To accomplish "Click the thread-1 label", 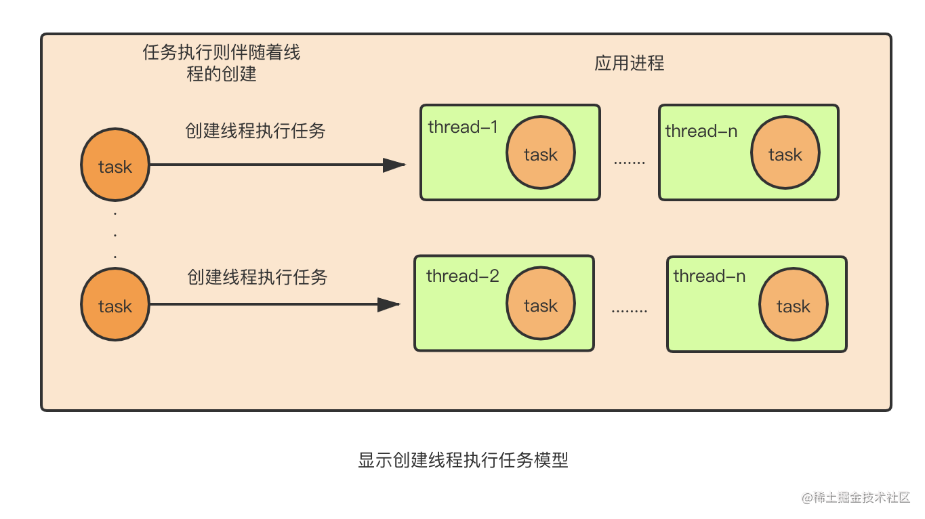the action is tap(463, 127).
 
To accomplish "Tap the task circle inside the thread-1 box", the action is tap(541, 152).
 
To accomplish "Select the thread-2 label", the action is tap(462, 276).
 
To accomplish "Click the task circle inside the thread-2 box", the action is tap(541, 304).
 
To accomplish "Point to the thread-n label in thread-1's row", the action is tap(701, 131).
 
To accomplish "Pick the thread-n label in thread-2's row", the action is tap(710, 276).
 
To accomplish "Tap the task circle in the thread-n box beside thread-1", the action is tap(785, 152).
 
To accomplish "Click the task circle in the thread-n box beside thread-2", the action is tap(794, 305).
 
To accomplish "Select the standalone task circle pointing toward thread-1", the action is tap(115, 165).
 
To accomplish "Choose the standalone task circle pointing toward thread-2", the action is tap(115, 305).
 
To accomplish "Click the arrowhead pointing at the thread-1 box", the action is tap(394, 165).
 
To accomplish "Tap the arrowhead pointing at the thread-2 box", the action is tap(389, 305).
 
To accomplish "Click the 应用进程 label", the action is tap(630, 63).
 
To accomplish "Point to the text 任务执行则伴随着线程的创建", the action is tap(222, 63).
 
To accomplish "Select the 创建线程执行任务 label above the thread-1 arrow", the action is tap(255, 131).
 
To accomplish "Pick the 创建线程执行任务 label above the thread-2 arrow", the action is tap(258, 276).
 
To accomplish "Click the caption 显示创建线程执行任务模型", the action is tap(463, 460).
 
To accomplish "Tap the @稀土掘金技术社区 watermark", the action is tap(856, 497).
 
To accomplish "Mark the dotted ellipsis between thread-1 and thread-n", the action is tap(630, 163).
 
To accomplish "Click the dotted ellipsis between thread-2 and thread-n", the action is tap(630, 310).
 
